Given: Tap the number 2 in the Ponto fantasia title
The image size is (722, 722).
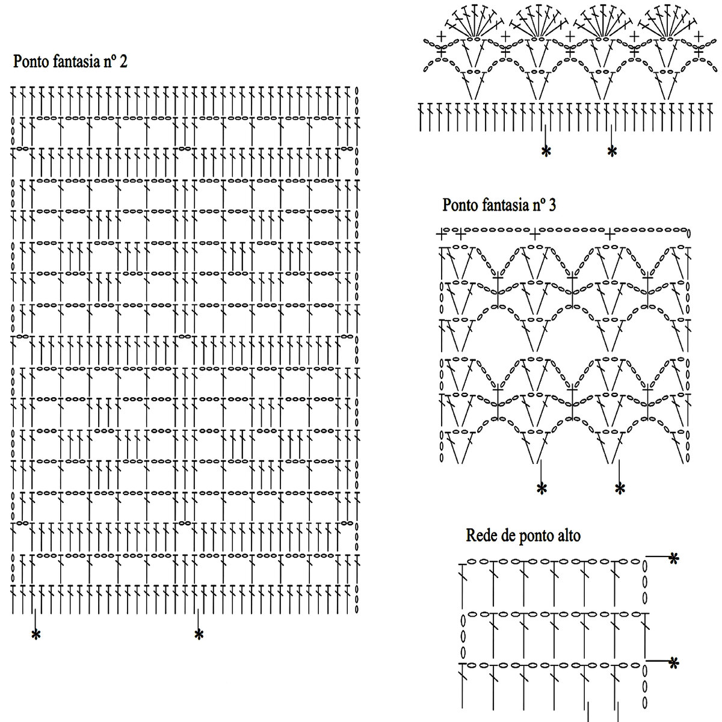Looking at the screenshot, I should click(123, 61).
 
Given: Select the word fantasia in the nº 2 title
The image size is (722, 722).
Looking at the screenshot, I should click(76, 61).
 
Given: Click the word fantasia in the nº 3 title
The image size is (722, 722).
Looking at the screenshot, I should click(505, 205).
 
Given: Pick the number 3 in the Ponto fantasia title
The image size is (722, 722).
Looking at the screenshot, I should click(552, 205).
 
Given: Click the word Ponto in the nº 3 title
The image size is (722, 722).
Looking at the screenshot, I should click(460, 205).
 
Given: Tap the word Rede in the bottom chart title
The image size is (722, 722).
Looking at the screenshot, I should click(480, 535).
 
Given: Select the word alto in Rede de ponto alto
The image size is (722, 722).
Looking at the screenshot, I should click(567, 535).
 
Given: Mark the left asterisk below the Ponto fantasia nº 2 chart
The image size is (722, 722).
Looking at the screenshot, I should click(36, 635).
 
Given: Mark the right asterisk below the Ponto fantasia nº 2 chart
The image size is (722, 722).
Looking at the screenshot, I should click(199, 635).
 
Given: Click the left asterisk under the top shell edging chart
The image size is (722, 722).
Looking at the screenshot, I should click(546, 152).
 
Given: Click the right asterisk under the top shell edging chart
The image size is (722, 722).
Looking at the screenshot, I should click(612, 152).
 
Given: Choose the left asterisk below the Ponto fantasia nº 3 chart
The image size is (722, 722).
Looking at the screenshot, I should click(541, 489).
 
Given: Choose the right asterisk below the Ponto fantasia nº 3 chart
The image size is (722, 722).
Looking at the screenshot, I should click(620, 489).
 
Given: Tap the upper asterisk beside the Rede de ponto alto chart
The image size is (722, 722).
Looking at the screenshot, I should click(674, 559).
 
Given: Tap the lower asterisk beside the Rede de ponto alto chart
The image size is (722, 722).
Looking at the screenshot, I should click(674, 663).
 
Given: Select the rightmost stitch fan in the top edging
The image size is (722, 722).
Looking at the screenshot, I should click(668, 24).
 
